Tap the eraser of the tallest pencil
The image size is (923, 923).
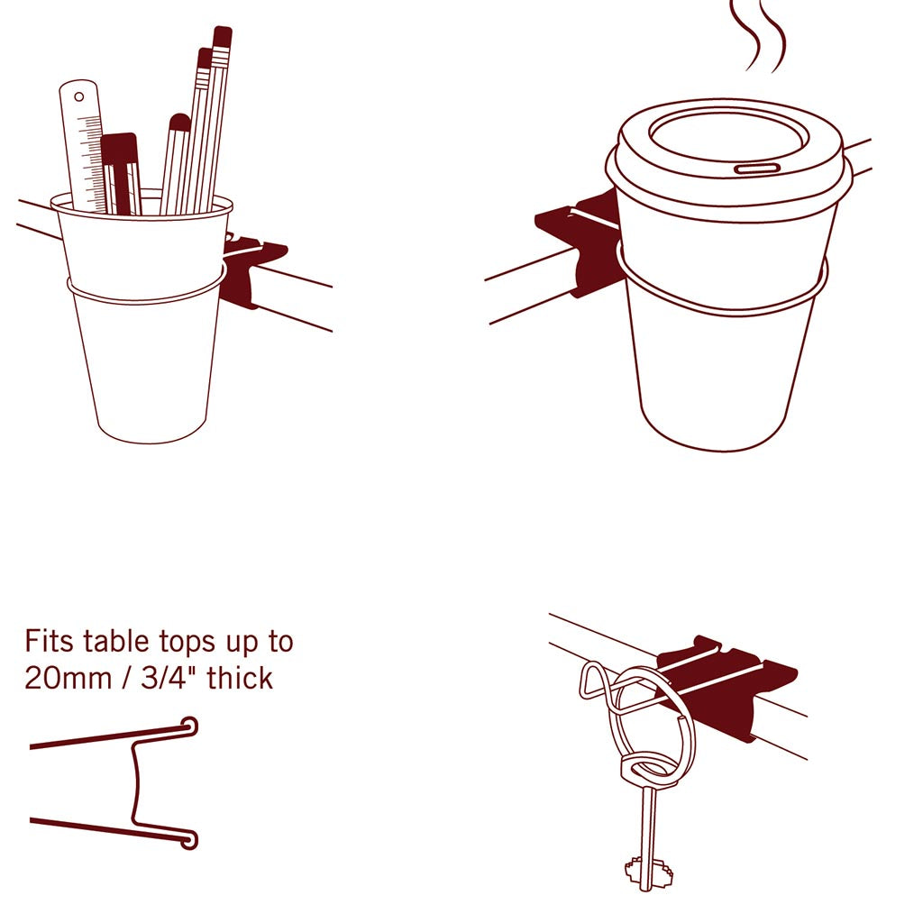tap(222, 36)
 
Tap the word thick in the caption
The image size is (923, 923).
tap(240, 678)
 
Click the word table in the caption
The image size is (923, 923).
tap(115, 642)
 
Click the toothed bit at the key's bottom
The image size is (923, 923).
tap(644, 873)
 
